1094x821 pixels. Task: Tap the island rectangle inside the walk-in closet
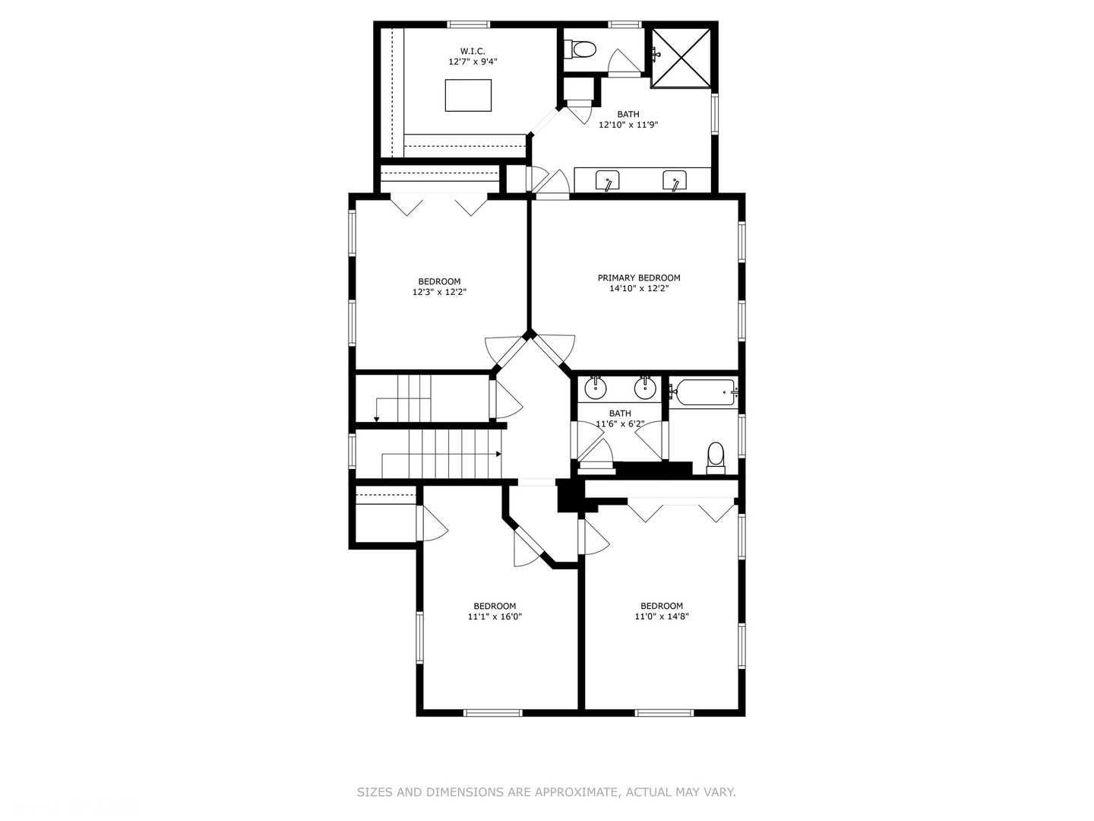tap(468, 95)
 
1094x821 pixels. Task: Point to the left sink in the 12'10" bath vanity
tap(608, 181)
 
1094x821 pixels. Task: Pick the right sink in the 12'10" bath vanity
tap(675, 181)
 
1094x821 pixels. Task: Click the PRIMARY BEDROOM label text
tap(638, 277)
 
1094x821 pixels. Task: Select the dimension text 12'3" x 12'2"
tap(439, 292)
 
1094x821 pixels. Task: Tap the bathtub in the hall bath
tap(704, 392)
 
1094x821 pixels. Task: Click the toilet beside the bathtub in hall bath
tap(716, 457)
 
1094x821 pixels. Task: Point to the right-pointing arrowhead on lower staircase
tap(498, 455)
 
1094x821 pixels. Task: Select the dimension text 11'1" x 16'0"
tap(495, 617)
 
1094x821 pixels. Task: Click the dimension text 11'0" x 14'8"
tap(661, 617)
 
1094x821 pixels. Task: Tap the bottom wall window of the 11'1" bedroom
tap(493, 712)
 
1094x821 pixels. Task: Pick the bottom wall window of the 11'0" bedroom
tap(664, 712)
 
